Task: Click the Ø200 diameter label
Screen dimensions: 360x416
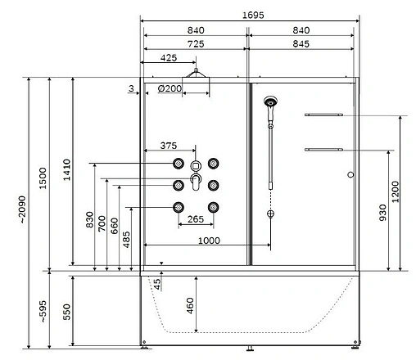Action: click(170, 88)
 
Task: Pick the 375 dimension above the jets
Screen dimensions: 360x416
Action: click(168, 146)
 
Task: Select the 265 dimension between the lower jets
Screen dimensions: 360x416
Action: click(195, 219)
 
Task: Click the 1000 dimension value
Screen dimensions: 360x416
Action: click(207, 241)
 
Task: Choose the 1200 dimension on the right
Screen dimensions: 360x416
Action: click(396, 192)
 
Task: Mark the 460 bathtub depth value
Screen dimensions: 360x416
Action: click(190, 305)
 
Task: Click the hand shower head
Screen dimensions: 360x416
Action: click(270, 104)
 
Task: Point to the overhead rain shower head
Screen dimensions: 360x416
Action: click(194, 75)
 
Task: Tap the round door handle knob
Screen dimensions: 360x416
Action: click(350, 174)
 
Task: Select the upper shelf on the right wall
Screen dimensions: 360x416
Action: click(323, 115)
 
